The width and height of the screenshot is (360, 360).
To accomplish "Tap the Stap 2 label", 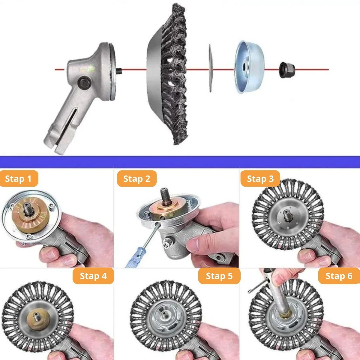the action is (136, 178).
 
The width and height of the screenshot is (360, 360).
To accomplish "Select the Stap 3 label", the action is (260, 178).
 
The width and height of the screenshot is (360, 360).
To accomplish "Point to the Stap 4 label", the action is (93, 276).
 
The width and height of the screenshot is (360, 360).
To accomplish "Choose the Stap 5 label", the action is (219, 276).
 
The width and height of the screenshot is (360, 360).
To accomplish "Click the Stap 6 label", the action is (339, 276).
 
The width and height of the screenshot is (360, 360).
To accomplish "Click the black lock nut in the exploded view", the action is (287, 70).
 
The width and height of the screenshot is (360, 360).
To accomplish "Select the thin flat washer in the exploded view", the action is (210, 68).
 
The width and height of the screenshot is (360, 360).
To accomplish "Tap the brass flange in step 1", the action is (31, 215).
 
